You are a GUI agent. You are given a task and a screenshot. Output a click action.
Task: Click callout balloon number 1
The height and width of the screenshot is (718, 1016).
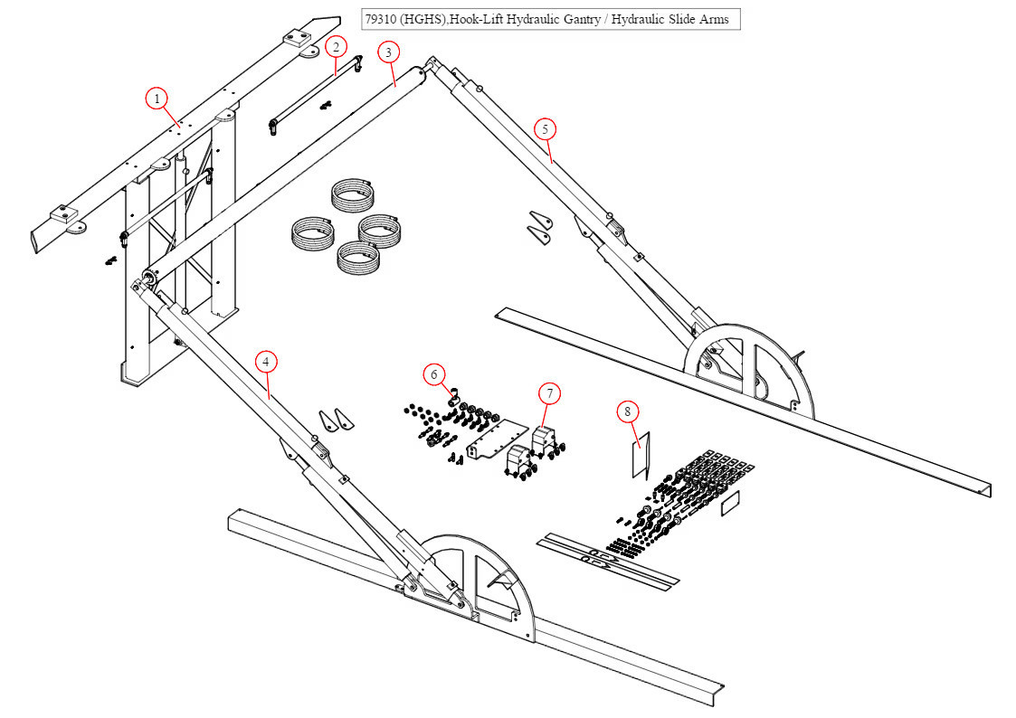[x=157, y=98]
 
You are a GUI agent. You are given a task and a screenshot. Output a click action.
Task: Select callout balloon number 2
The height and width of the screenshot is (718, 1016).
[x=335, y=46]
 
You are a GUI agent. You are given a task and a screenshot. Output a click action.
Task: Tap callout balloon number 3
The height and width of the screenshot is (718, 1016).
[x=388, y=52]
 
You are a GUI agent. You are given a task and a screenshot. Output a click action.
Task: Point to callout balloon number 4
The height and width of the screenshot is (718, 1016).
[x=265, y=362]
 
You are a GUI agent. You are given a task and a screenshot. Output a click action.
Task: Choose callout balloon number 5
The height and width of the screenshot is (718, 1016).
[x=545, y=128]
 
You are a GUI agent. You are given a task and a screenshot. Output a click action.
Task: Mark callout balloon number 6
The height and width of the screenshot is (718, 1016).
[x=433, y=373]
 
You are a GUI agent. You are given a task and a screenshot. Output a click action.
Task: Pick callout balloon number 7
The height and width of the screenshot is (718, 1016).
[x=549, y=393]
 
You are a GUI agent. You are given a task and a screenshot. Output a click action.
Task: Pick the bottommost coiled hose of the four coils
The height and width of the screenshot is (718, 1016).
[x=358, y=260]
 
